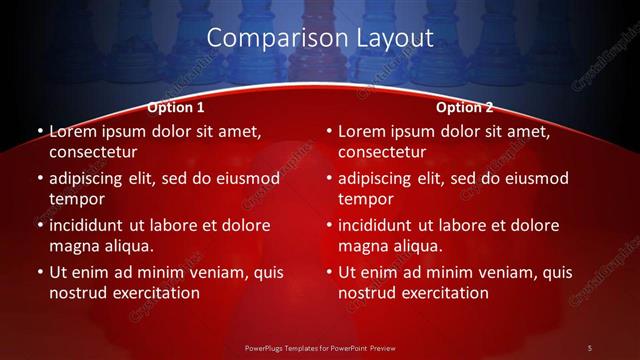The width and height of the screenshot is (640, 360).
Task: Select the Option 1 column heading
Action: click(176, 107)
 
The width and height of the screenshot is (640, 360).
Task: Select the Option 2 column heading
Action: click(465, 107)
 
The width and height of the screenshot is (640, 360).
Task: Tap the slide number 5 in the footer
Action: click(590, 347)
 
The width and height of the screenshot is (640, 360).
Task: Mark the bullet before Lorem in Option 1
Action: click(40, 131)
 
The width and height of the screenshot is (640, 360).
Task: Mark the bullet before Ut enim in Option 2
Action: click(329, 272)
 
